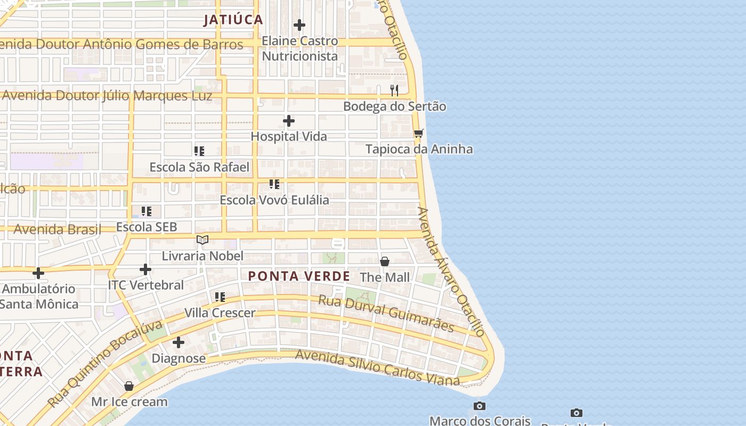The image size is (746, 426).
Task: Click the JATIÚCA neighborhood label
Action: point(233,20)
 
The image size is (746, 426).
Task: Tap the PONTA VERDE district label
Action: point(299,276)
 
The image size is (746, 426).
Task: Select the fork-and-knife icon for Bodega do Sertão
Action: point(394,90)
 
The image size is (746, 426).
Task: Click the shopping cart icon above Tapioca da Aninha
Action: point(419,133)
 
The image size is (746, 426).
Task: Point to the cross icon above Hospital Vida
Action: point(289,121)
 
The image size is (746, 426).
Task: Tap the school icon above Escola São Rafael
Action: point(199,151)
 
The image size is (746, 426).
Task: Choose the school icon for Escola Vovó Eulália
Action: point(274,184)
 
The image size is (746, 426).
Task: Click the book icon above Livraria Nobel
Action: point(202,240)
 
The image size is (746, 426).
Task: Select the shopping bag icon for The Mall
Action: point(385,261)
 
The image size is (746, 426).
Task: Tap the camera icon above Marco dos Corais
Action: point(480,406)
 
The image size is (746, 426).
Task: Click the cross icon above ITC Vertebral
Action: point(145,269)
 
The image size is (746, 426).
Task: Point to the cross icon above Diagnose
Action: point(179,342)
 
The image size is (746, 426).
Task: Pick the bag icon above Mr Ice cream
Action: point(129,386)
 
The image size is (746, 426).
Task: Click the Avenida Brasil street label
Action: point(57,230)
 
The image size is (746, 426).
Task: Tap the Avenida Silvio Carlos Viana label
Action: point(377,367)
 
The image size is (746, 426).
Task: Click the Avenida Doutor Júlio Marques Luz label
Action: point(107,96)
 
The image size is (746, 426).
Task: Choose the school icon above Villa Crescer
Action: point(220,297)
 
